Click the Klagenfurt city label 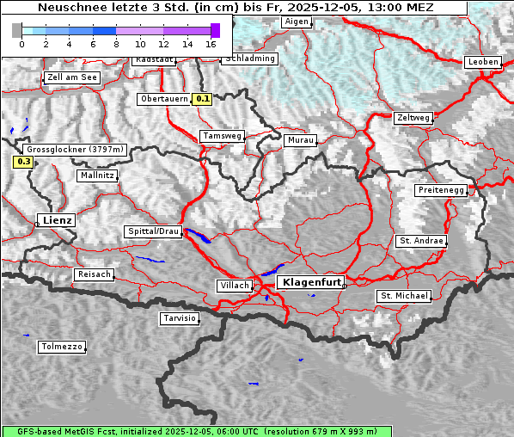point(312,282)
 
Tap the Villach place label point(234,286)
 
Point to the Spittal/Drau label point(154,231)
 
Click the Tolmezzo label point(61,348)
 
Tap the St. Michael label point(403,296)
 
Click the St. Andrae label point(420,241)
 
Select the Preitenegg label point(441,190)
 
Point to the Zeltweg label point(413,118)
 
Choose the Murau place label point(301,139)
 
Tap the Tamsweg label point(222,136)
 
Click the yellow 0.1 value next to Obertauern point(202,99)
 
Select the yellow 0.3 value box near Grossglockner point(23,161)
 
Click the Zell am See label point(72,77)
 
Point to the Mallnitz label point(96,175)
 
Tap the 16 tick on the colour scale point(211,43)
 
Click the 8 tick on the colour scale point(117,43)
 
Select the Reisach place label point(95,274)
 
